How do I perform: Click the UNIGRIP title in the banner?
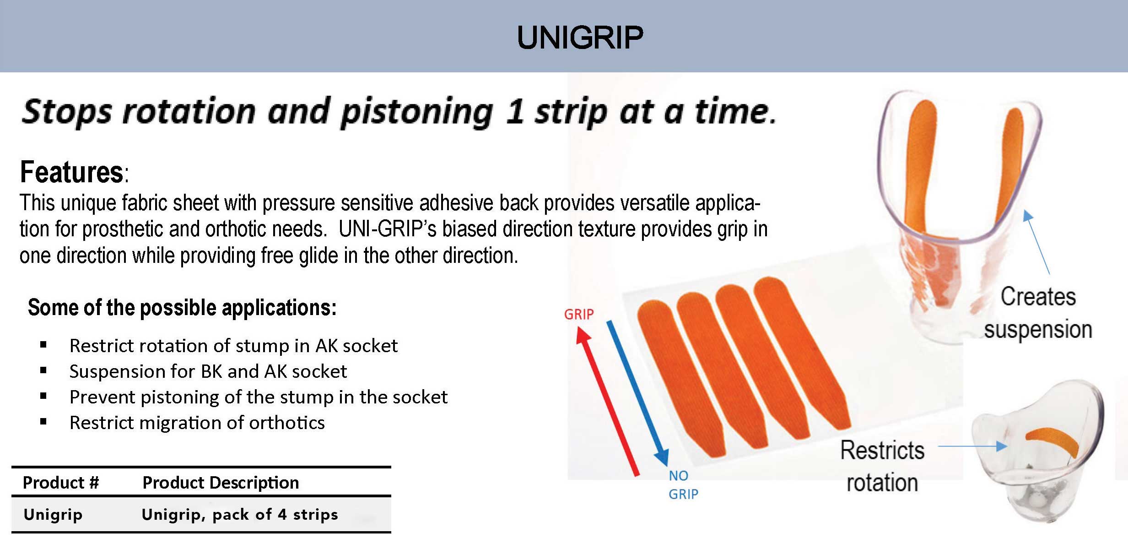580,37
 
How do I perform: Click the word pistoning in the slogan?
416,113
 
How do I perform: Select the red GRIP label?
578,314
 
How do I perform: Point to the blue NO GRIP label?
683,485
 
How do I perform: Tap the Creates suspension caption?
1038,313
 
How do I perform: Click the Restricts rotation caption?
882,466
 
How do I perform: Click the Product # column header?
61,483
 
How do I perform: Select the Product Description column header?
221,483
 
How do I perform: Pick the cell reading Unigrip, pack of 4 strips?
239,515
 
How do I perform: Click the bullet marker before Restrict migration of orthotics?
43,422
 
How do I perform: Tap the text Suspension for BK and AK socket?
208,371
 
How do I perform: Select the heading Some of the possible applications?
182,308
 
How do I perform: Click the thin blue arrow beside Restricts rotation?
972,446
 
